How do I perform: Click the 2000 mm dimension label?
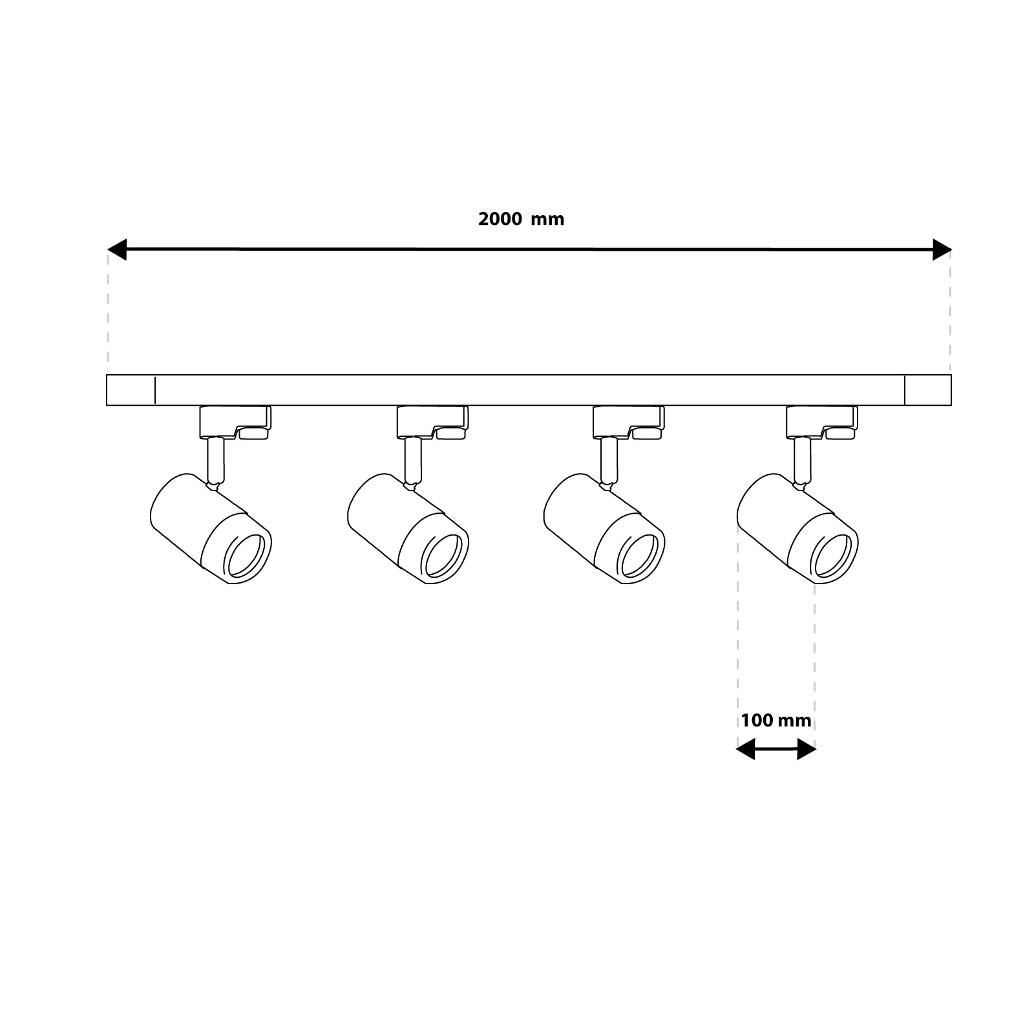click(x=521, y=219)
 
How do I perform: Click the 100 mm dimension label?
click(x=776, y=721)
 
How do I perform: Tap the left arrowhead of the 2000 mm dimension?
click(x=116, y=249)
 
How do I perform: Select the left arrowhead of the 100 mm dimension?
click(x=746, y=750)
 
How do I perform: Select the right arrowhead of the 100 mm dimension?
click(x=807, y=750)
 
